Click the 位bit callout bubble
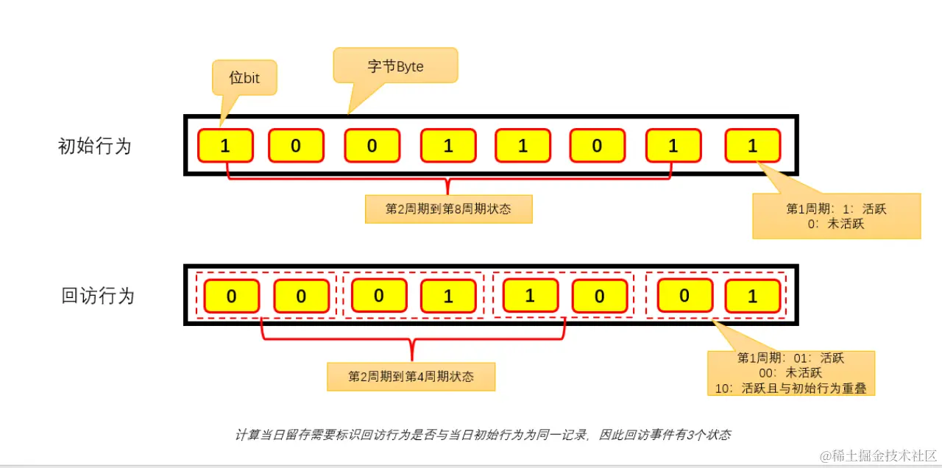tap(244, 77)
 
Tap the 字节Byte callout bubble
tap(396, 65)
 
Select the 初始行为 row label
tap(94, 146)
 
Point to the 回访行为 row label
tap(98, 296)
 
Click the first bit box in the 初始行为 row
tap(225, 146)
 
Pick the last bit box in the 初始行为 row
tap(752, 146)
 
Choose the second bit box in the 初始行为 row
tap(295, 146)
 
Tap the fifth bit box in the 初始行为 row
tap(523, 146)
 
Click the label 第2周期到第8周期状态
tap(448, 209)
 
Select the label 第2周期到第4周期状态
tap(411, 377)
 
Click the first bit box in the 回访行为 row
tap(231, 297)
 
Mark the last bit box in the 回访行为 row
tap(752, 297)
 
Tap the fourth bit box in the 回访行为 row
tap(448, 297)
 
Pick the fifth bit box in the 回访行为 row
tap(530, 297)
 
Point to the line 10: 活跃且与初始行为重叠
tap(791, 387)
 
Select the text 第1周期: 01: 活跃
tap(790, 358)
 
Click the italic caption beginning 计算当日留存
tap(483, 435)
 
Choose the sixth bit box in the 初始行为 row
tap(597, 146)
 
